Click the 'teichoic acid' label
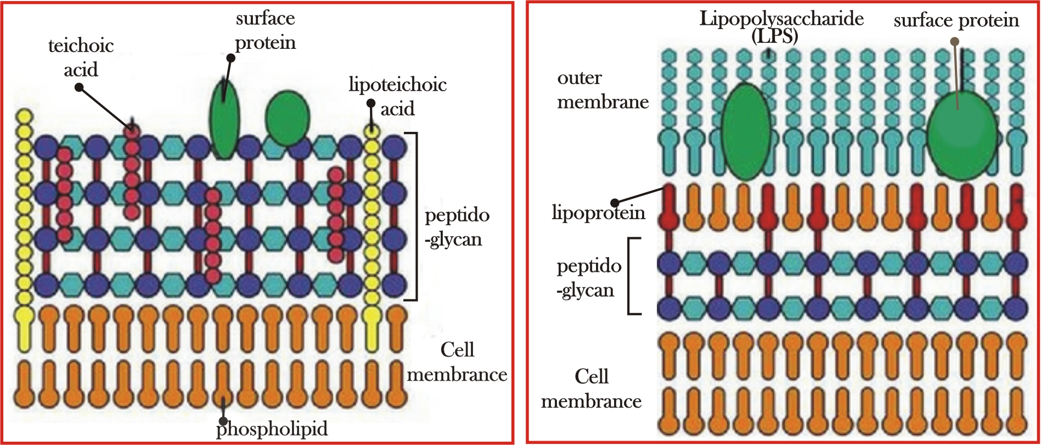coord(81,57)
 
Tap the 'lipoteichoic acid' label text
coord(397,96)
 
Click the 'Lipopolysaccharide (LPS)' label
coord(781,26)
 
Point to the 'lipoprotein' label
coord(598,213)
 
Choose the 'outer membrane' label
coord(603,90)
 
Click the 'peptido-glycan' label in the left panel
coord(457,227)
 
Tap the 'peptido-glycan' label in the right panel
coord(588,278)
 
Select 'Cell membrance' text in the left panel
coord(457,362)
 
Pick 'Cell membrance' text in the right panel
coord(591,389)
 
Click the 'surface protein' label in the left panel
coord(266,30)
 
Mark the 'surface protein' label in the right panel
coord(956,20)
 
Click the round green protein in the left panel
coord(288,118)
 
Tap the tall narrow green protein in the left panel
coord(224,121)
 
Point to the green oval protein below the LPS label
coord(745,132)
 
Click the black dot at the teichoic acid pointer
coord(79,87)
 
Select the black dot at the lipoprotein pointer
coord(615,202)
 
